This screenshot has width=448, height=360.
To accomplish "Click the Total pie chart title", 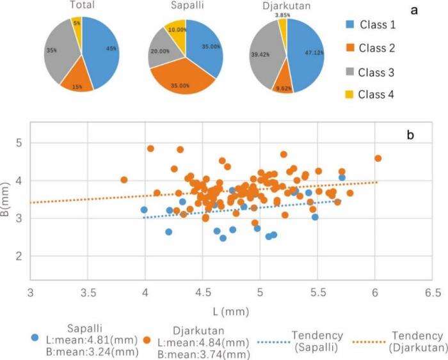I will pyautogui.click(x=81, y=6).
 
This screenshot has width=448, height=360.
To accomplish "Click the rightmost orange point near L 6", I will pyautogui.click(x=378, y=158).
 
